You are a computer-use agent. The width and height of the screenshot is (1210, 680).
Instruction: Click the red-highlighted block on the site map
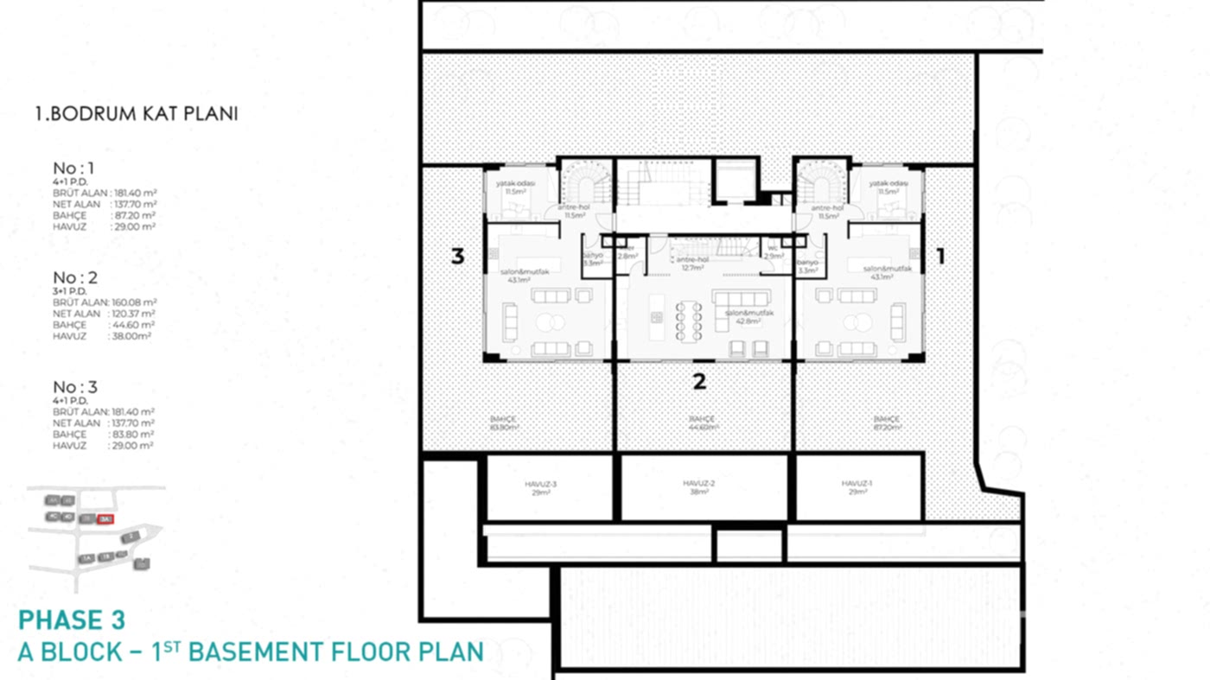click(105, 518)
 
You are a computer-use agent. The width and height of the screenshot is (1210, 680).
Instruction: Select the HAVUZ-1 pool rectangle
click(857, 488)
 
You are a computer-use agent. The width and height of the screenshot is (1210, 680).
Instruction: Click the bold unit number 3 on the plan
click(458, 257)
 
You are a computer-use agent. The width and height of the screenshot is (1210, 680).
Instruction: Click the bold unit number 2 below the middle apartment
click(700, 381)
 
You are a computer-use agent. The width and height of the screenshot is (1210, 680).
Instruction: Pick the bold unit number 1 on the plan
click(941, 256)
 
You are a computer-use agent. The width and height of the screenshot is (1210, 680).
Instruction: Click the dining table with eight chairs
click(689, 321)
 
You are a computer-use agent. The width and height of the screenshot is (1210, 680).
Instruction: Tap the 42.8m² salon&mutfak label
click(742, 316)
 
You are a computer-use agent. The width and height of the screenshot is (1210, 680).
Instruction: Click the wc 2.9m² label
click(774, 256)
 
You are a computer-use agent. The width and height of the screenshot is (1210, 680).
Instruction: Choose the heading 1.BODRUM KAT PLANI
click(136, 113)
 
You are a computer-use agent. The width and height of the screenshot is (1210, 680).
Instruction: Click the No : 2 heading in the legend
click(75, 277)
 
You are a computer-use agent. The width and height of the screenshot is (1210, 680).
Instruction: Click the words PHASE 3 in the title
click(72, 620)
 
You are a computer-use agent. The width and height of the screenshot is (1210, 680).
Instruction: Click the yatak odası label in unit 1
click(889, 184)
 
